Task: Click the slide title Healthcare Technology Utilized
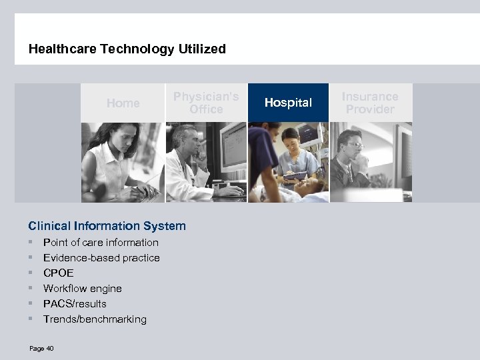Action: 127,49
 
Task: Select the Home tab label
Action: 123,103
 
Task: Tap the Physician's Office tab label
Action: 206,103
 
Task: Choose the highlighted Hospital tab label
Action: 288,103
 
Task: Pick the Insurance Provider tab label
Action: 370,103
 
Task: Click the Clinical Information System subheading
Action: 107,226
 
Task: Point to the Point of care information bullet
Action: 101,243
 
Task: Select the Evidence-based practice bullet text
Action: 101,258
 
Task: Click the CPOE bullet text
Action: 59,273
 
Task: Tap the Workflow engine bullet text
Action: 83,289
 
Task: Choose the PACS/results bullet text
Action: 75,304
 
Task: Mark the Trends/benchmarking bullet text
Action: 95,319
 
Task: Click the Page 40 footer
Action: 41,348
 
